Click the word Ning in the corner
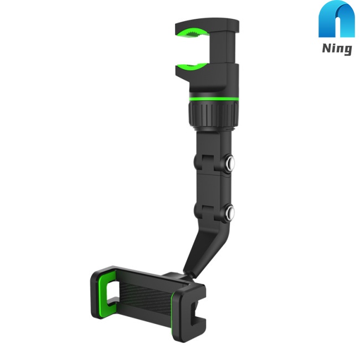pyautogui.click(x=336, y=48)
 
